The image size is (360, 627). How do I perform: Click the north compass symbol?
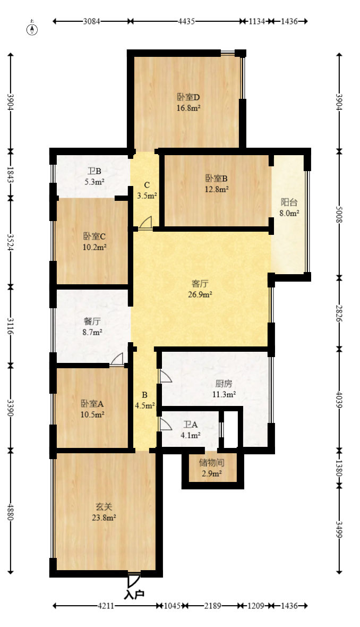32,28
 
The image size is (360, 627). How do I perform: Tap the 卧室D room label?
188,97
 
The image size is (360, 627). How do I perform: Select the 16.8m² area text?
188,107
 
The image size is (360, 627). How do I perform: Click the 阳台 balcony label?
289,202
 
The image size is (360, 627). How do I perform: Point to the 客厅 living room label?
200,284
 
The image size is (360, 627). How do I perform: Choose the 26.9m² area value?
200,295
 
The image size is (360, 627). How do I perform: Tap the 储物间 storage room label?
212,463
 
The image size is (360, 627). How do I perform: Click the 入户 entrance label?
134,595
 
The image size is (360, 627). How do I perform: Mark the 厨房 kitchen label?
224,384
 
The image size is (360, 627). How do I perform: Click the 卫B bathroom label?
95,172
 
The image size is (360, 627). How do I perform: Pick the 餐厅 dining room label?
92,321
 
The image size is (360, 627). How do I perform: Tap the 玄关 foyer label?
104,506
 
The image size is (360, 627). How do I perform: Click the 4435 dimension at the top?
186,21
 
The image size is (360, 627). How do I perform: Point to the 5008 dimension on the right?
339,214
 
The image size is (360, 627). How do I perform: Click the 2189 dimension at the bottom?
212,606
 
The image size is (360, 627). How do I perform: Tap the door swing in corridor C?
146,222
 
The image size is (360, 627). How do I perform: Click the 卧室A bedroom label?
92,403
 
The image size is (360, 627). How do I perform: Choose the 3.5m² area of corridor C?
147,196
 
